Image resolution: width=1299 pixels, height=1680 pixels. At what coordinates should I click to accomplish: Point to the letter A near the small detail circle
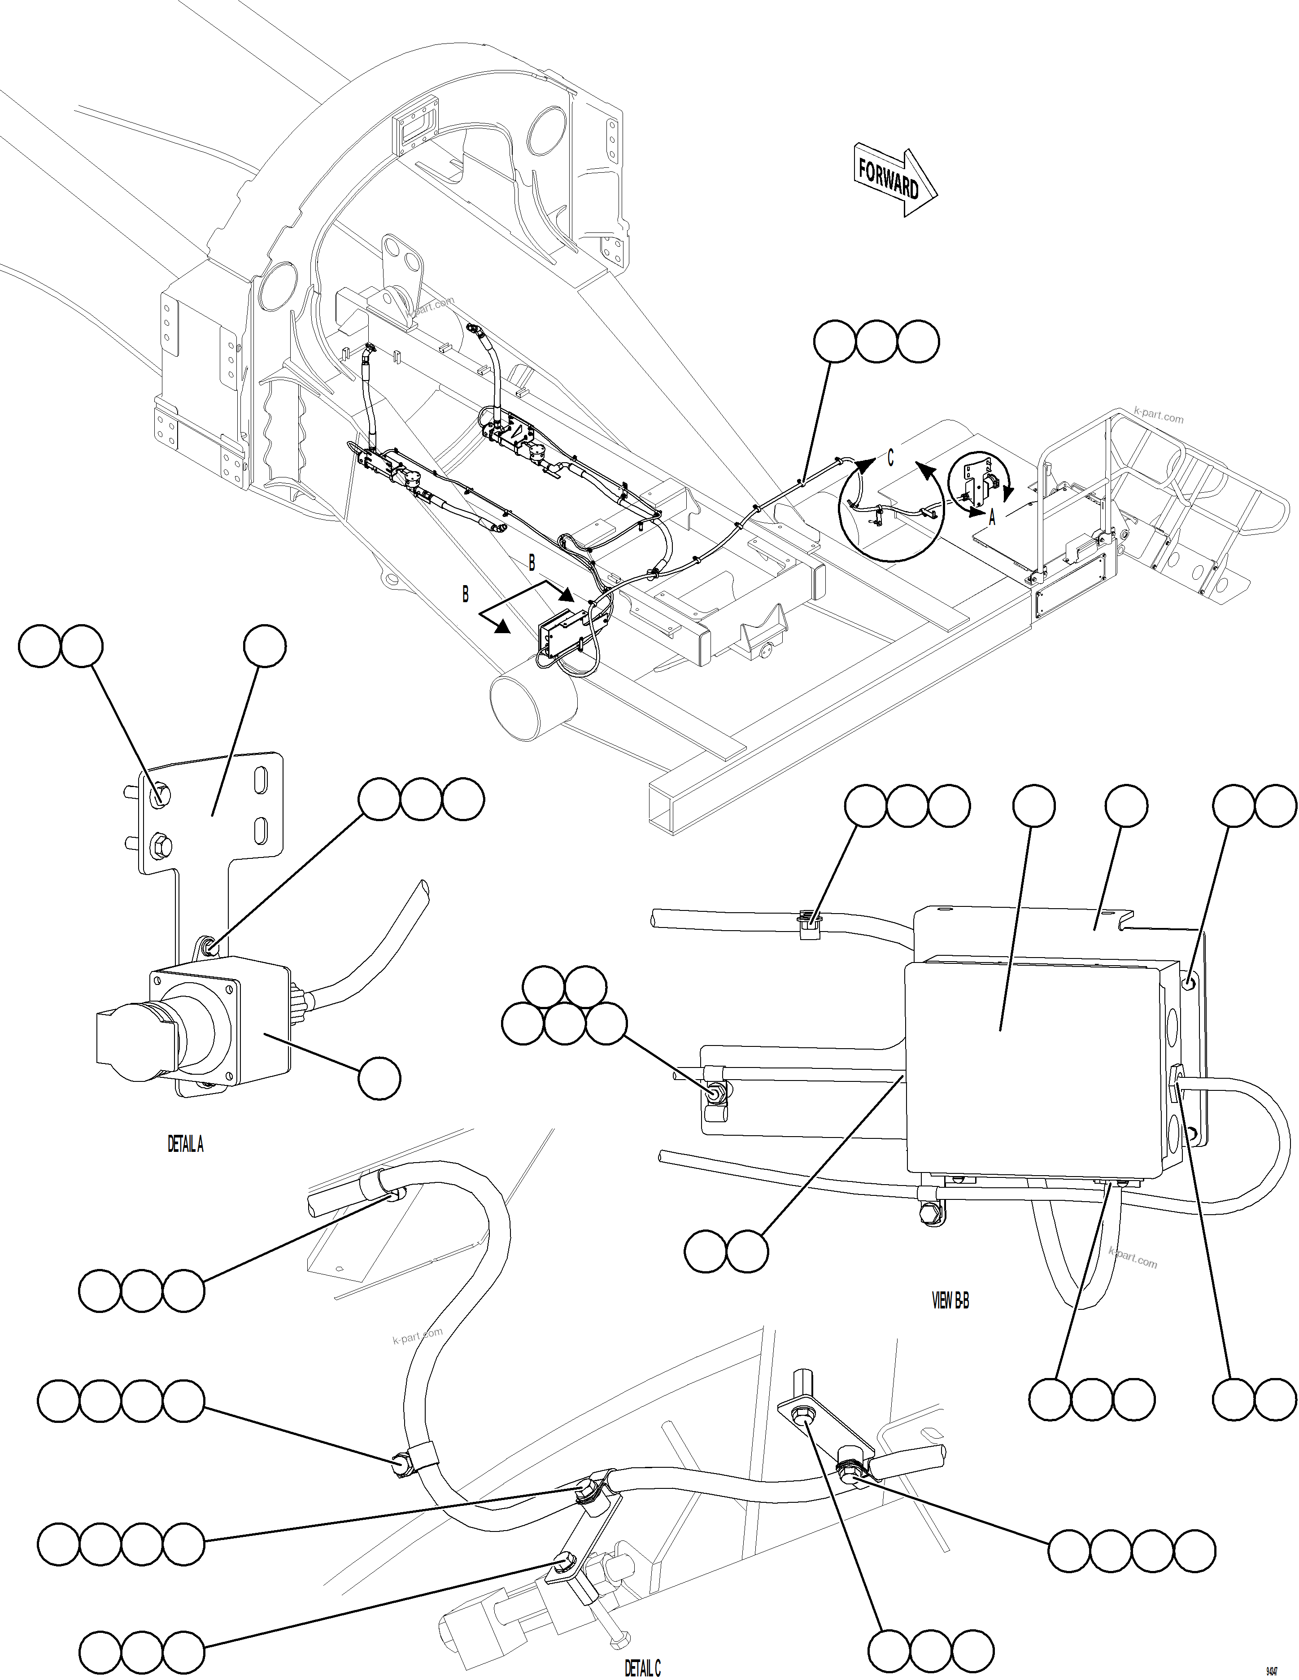(x=992, y=518)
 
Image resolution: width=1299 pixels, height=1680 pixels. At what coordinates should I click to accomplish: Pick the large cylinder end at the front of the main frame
(x=533, y=701)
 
